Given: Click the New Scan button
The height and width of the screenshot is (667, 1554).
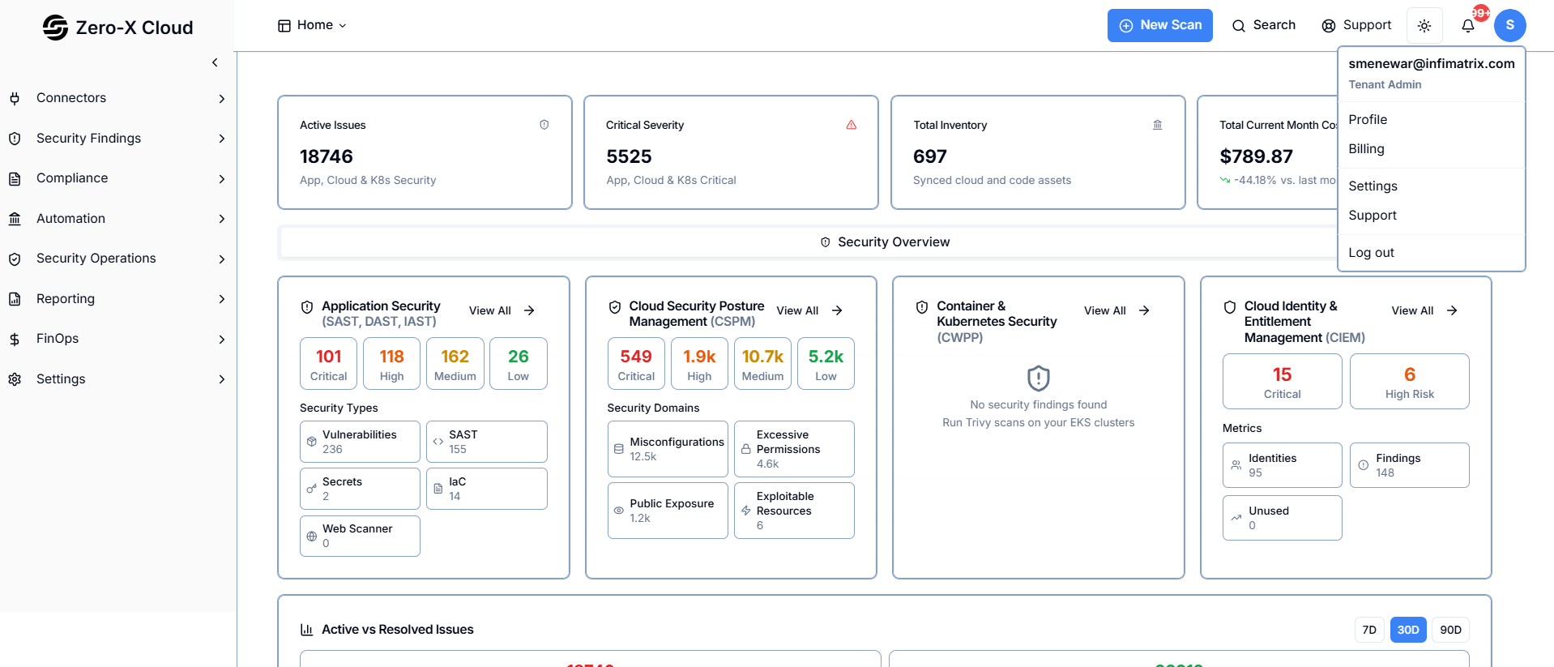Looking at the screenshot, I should coord(1159,25).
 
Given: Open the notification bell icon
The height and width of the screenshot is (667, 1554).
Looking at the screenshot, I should coord(1467,26).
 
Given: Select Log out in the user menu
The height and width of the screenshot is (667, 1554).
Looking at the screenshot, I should coord(1371,253).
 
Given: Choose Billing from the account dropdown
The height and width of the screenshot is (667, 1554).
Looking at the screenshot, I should coord(1366,149).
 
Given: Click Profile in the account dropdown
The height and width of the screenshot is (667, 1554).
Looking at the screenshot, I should coord(1368,120).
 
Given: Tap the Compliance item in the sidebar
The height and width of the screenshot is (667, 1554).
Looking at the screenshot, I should coord(72,178).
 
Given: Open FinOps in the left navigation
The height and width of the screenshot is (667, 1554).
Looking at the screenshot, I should coord(58,339).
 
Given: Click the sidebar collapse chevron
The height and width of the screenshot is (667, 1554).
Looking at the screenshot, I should coord(215,62).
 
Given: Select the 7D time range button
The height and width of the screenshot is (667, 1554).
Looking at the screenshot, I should coord(1368,630).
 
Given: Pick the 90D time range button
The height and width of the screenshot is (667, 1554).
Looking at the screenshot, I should coord(1450,630).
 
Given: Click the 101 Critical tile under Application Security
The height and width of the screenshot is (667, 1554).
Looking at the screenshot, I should coord(328,364).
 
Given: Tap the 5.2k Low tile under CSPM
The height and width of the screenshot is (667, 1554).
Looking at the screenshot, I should coord(826,364).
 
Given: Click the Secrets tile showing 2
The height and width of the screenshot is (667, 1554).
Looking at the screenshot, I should coord(360,489).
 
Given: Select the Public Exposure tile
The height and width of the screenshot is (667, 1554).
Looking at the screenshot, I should coord(668,511).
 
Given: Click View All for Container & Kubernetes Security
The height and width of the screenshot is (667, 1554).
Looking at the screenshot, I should coord(1116,310).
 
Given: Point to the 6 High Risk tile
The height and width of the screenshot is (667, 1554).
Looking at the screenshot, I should coord(1409,382).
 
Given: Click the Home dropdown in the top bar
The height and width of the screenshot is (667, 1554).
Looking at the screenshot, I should coord(312,25).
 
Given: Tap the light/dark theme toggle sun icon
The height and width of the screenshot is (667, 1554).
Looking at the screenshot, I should coord(1424,26).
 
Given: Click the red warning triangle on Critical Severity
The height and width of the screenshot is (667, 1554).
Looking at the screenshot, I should coord(851,125).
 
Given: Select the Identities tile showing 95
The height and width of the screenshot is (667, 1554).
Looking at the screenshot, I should coord(1282,465).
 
